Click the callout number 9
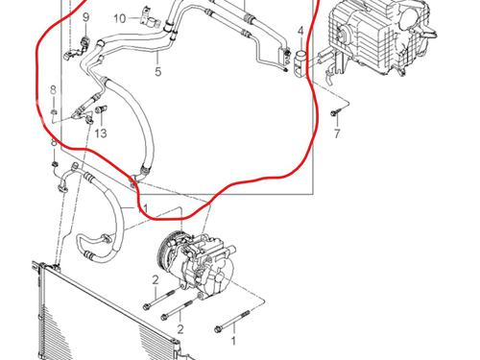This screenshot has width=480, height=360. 85,17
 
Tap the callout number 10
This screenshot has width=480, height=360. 120,18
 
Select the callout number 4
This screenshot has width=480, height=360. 300,31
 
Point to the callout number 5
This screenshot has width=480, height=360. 158,72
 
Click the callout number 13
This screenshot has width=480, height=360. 101,133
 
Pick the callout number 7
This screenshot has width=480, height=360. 337,133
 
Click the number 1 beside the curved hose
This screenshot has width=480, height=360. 145,208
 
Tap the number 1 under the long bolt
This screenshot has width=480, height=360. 233,341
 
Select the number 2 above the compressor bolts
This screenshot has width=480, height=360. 156,280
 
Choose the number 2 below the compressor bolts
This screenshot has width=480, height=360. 180,329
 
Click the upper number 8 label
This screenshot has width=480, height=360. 53,90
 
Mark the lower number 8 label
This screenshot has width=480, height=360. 54,142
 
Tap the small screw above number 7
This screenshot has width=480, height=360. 335,112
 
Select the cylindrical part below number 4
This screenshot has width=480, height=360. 300,62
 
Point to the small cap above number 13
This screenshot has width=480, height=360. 102,109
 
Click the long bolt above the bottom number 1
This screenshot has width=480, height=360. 233,320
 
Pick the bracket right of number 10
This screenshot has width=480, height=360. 150,19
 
